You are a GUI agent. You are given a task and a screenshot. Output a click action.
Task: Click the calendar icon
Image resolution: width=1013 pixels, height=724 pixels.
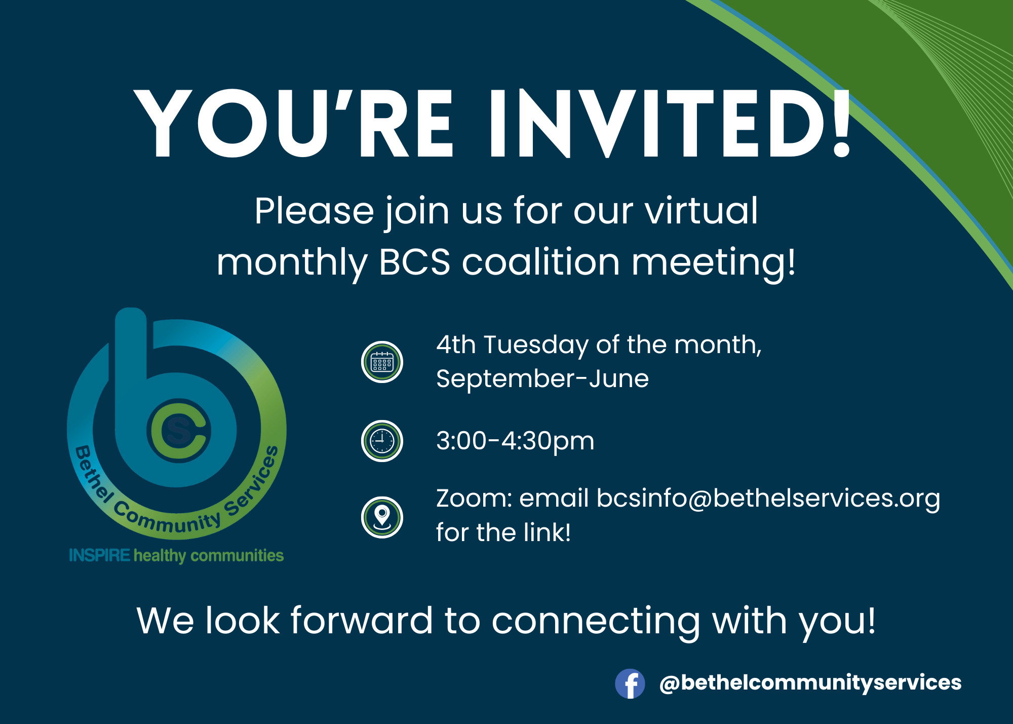(x=382, y=362)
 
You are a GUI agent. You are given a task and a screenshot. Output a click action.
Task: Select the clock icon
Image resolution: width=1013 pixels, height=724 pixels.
(x=382, y=441)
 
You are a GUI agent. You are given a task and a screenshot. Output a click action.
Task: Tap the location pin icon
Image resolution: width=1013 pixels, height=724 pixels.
(x=382, y=517)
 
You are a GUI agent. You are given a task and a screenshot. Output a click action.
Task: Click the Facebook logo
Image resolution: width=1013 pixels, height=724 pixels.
(x=630, y=683)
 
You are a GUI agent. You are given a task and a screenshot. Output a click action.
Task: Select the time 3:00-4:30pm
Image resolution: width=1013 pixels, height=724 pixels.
(x=515, y=441)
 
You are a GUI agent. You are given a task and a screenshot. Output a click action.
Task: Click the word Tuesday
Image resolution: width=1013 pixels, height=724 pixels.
(x=536, y=346)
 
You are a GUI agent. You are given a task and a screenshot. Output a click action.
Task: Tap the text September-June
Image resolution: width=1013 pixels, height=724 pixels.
(x=542, y=379)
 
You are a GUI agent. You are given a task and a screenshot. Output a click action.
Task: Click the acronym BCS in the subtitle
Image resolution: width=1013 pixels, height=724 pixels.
(x=415, y=262)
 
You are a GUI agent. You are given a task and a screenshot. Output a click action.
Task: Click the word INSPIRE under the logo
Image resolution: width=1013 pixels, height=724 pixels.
(x=100, y=555)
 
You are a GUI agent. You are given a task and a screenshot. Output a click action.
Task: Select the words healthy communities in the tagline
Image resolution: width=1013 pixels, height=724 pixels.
(x=209, y=556)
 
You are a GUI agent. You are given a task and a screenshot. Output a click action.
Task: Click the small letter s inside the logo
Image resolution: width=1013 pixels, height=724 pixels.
(x=178, y=431)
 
